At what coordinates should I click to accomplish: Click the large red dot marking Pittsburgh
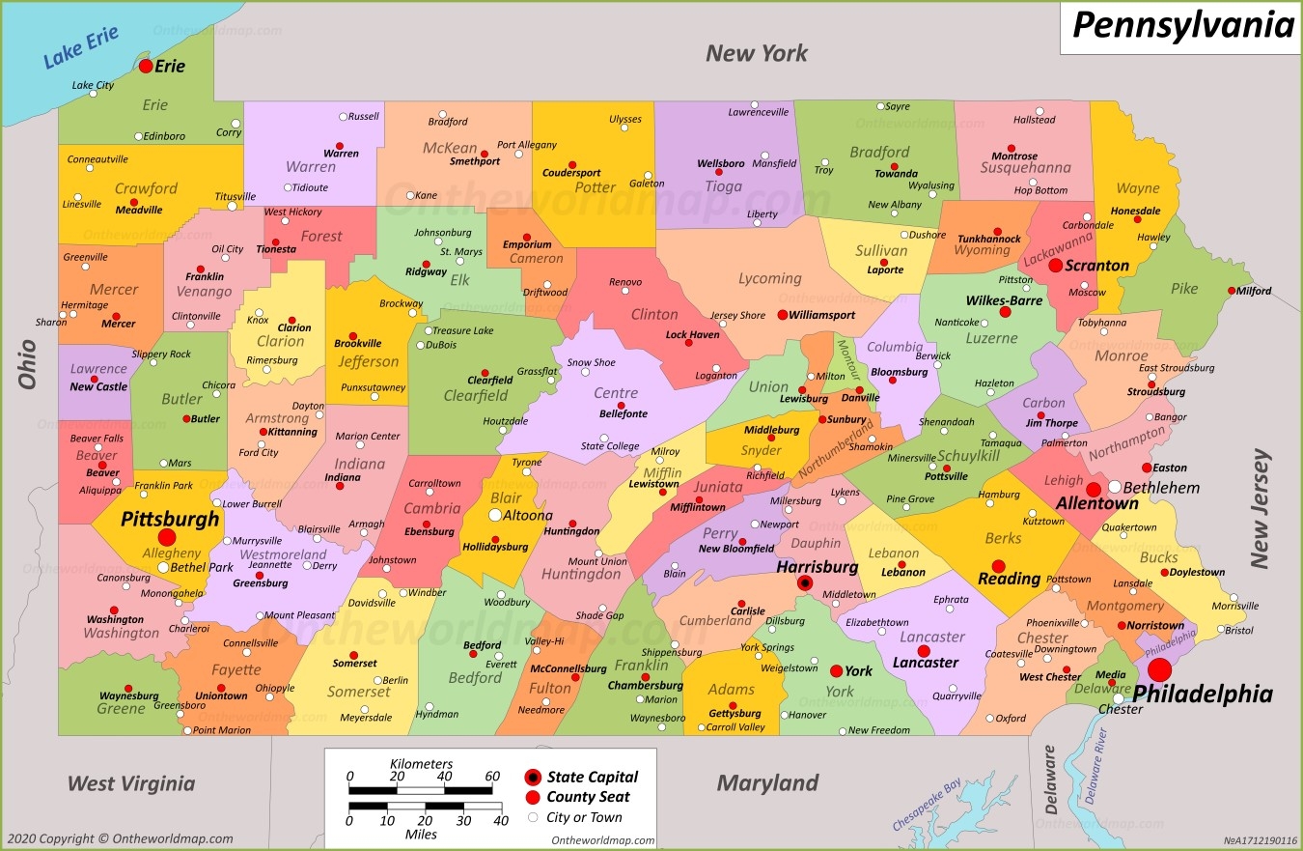point(167,537)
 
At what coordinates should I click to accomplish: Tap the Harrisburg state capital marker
point(804,582)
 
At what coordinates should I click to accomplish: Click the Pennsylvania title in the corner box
point(1182,25)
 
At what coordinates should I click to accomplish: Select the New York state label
point(756,53)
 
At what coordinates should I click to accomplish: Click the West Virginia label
point(131,783)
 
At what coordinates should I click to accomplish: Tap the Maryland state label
point(767,782)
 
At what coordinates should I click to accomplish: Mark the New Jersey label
point(1260,508)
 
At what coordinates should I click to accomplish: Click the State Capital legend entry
point(592,777)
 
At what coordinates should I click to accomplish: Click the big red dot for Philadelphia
point(1159,669)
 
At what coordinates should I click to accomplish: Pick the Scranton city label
point(1096,266)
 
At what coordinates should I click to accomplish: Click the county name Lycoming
point(769,278)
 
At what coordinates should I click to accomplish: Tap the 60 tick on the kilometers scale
point(492,776)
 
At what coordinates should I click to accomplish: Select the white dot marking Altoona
point(495,515)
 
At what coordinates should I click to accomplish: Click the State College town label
point(609,446)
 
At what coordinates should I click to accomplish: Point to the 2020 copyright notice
point(119,838)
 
